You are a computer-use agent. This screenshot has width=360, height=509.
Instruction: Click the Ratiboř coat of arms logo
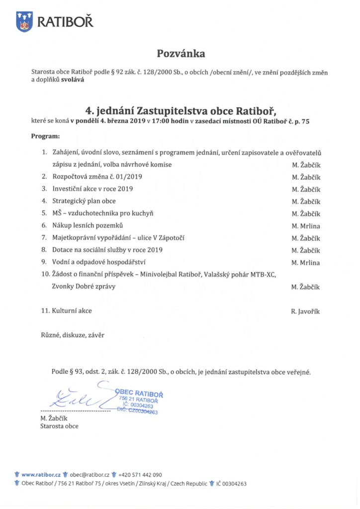pos(24,22)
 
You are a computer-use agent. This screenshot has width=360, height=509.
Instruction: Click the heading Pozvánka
pos(181,53)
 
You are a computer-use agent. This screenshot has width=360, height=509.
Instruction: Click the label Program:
pos(45,136)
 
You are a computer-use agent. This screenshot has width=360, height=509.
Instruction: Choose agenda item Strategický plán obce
pos(84,201)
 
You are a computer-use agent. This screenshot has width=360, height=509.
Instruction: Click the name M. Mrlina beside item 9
pos(306,262)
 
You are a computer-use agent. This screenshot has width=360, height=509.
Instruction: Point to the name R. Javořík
pos(306,311)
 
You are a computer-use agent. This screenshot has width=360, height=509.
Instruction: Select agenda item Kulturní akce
pos(72,311)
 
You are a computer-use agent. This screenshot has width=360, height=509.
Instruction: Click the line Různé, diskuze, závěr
pos(73,335)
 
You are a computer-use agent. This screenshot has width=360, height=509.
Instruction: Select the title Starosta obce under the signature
pos(59,426)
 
